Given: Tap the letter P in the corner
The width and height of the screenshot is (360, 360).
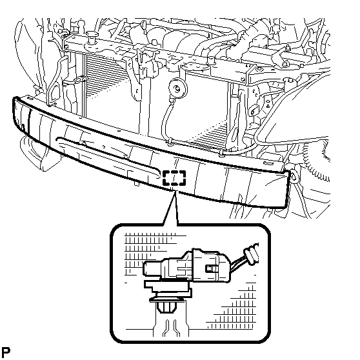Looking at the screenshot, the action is click(6, 352).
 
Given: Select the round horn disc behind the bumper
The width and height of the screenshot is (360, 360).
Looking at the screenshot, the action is click(178, 88).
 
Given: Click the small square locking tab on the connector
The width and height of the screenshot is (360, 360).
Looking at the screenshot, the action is click(210, 268).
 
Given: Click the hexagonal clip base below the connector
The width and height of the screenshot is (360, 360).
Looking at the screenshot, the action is click(165, 307).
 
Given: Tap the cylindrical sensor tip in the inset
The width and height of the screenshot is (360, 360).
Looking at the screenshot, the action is click(152, 268).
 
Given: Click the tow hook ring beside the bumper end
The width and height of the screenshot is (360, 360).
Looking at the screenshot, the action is click(294, 176).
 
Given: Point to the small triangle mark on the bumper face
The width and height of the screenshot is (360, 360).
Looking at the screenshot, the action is click(84, 143).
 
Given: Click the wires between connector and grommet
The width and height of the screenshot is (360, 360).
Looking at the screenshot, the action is click(238, 263).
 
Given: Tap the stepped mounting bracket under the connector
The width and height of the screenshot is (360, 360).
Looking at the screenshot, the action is click(168, 289).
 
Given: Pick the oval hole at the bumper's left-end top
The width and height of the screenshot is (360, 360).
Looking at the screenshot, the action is click(29, 98).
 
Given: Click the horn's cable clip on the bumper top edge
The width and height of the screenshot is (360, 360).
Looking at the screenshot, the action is click(170, 142).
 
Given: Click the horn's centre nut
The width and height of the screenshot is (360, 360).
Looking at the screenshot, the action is click(177, 88).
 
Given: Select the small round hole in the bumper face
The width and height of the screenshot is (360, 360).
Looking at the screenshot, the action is click(104, 146).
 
